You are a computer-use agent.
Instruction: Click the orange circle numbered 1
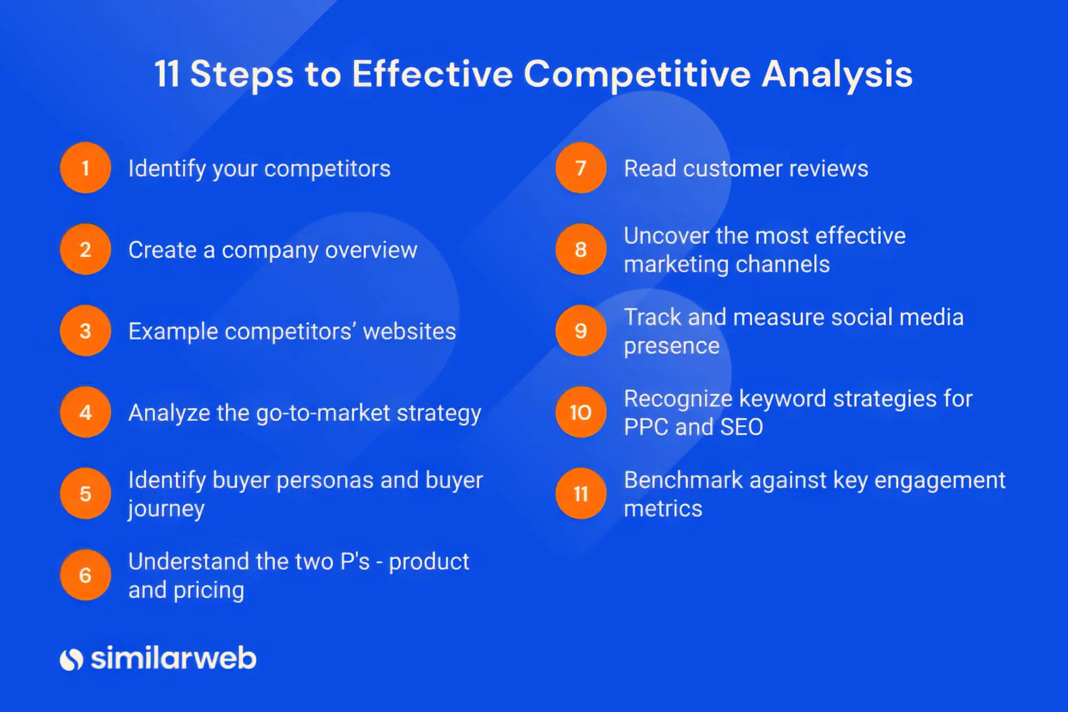tap(85, 168)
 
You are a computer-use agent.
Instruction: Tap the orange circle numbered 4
tap(85, 412)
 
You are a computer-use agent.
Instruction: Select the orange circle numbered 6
tap(85, 575)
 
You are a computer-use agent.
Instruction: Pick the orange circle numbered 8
tap(581, 249)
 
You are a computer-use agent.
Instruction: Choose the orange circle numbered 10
tap(581, 412)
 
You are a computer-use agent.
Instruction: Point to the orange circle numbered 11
tap(581, 494)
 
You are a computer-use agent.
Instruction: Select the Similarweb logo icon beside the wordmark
tap(71, 660)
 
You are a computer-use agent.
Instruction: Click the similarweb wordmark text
tap(173, 658)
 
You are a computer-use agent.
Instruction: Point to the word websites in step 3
tap(409, 332)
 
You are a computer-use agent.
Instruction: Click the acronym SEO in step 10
tap(742, 427)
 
